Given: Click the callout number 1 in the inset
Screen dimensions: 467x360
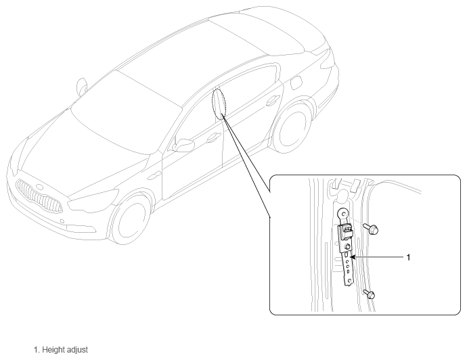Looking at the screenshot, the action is tap(408, 257).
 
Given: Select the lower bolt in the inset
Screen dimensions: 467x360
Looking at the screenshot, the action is tap(369, 294).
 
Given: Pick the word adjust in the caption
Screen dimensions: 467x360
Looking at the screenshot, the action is tap(77, 350).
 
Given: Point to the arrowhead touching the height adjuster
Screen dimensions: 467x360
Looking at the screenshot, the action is tap(353, 257).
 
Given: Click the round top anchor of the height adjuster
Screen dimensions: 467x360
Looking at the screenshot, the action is tap(342, 214).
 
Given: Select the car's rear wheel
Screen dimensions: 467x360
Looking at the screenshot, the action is tap(291, 127).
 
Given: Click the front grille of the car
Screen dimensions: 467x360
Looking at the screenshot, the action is tap(39, 196).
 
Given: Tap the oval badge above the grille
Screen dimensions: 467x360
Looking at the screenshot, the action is tap(39, 187).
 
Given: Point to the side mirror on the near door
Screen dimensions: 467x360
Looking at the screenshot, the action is tap(184, 145).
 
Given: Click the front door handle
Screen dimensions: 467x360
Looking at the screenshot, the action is tap(213, 137).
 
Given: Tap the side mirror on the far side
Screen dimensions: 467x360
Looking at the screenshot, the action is tap(81, 87).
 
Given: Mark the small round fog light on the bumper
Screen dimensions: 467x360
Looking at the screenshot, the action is tap(62, 221).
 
